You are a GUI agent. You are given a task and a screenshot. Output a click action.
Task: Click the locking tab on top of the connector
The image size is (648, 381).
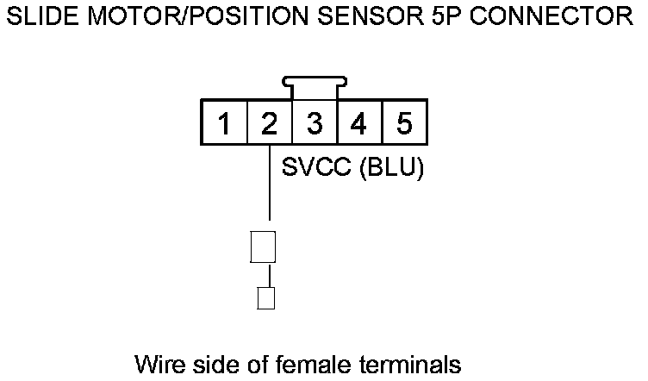point(315,87)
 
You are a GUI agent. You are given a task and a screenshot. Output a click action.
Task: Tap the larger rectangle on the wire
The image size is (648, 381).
point(262,246)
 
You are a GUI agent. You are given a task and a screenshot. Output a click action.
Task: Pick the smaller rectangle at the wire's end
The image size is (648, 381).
point(267,298)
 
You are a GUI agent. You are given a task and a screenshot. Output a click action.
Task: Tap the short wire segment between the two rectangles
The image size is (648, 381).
point(270,275)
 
